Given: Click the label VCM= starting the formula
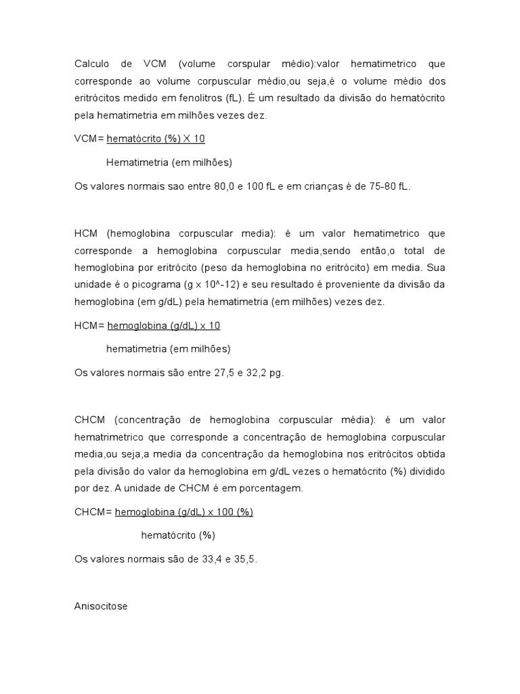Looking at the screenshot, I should tap(89, 139).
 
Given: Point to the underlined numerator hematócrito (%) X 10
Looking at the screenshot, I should tap(156, 139).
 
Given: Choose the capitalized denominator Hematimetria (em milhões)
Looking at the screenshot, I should tap(169, 163).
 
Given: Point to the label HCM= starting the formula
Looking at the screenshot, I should tap(89, 325).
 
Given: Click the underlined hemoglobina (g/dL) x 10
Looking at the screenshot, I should tap(164, 325).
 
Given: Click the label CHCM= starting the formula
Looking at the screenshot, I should tap(93, 512).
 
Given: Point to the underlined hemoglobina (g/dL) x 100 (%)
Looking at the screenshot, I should tap(183, 512).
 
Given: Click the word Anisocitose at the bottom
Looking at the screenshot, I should tap(100, 607).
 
